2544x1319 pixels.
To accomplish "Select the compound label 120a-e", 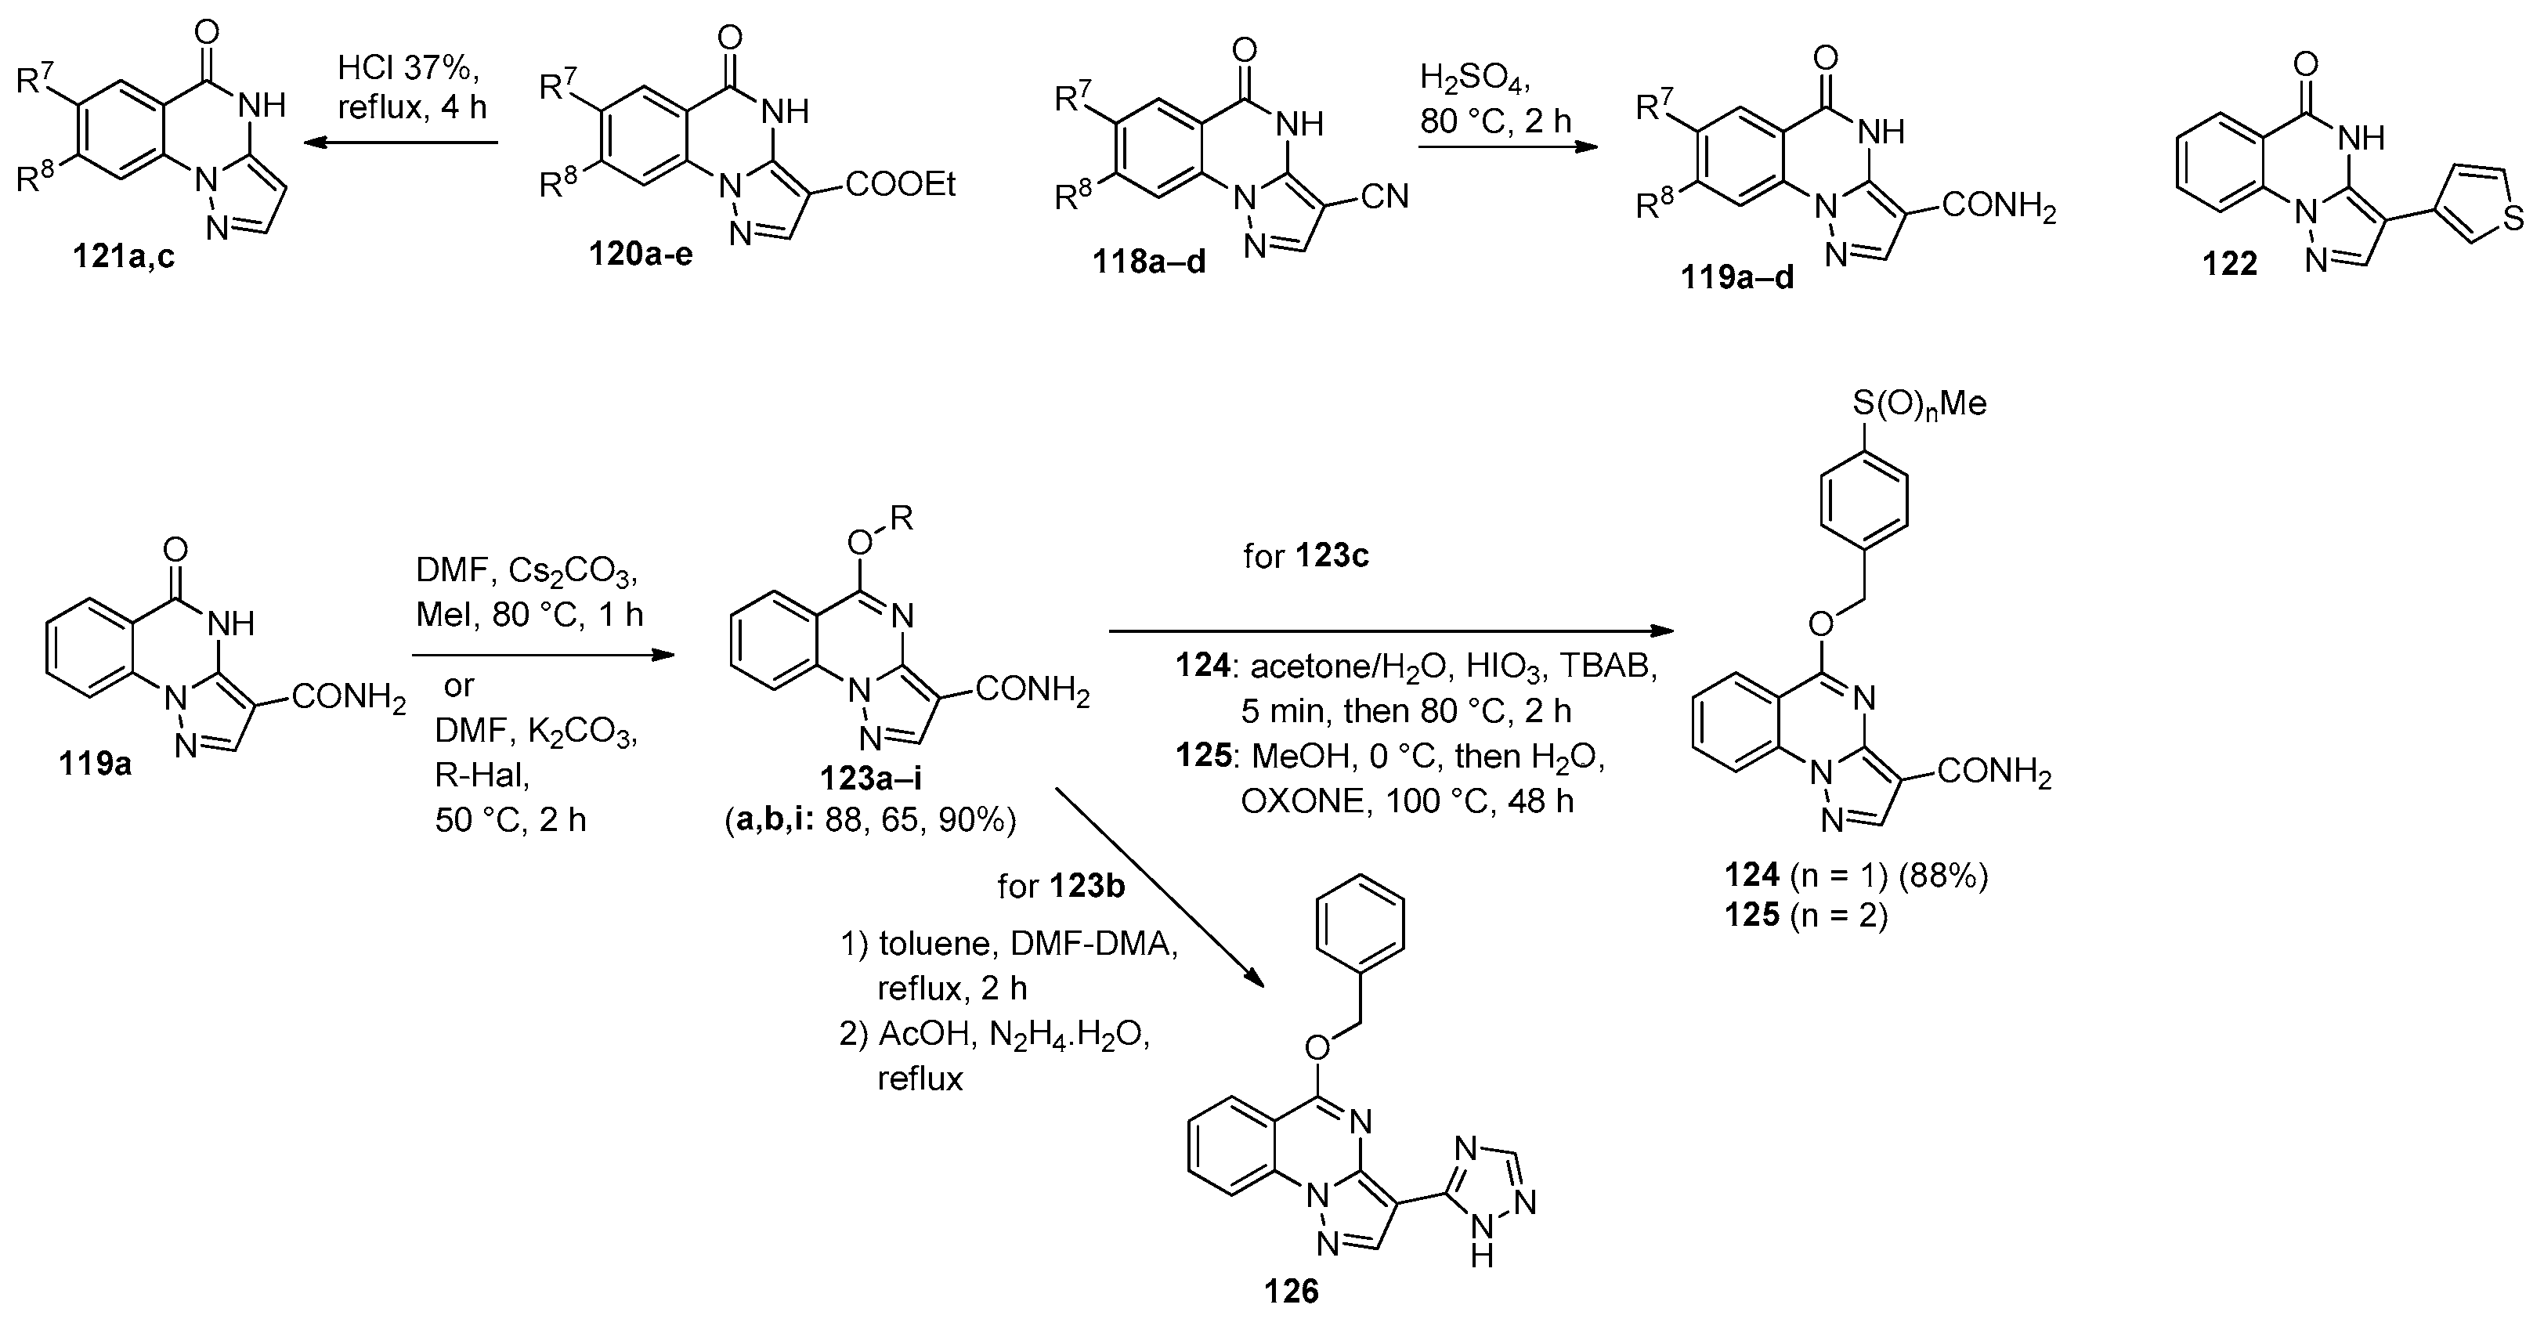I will coord(641,254).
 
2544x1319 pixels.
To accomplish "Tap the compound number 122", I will coord(2229,264).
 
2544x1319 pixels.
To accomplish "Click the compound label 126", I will coord(1291,1290).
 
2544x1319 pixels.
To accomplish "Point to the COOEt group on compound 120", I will coord(900,185).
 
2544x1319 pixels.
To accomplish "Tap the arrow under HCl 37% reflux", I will coord(400,144).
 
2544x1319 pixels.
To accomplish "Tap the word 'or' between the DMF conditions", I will coord(458,685).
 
